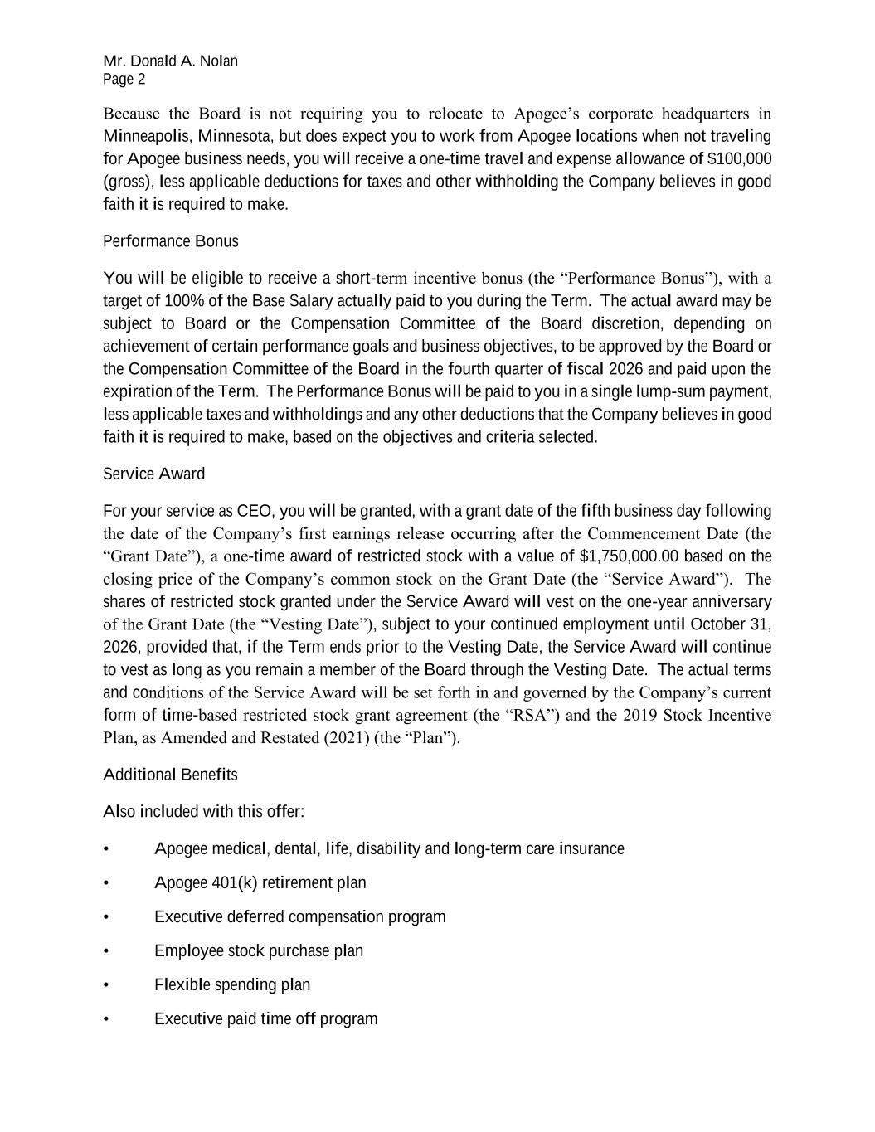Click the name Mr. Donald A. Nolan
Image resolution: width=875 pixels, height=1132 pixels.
click(170, 61)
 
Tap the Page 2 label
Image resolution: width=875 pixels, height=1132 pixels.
click(124, 80)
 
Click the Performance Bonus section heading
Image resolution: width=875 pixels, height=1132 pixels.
click(170, 241)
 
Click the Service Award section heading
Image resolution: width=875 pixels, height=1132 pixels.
click(153, 474)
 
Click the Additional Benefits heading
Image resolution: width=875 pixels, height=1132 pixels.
click(170, 775)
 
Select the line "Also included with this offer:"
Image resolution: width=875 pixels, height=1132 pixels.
click(203, 811)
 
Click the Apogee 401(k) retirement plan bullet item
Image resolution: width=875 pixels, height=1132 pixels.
click(260, 882)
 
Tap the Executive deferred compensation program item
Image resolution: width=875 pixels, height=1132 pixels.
click(299, 916)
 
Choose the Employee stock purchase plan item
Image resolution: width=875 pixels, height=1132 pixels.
click(258, 950)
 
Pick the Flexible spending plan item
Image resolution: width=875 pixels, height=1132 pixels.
click(231, 984)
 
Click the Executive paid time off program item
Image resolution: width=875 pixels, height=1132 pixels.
click(265, 1018)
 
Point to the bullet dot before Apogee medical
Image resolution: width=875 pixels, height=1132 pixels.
click(106, 849)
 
